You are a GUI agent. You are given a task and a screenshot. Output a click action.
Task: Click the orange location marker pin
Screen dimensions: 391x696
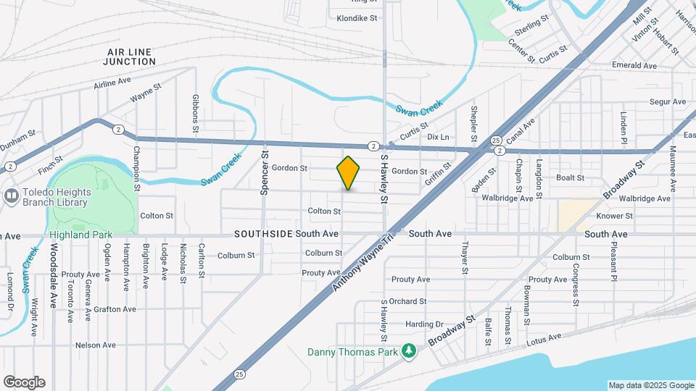pyautogui.click(x=348, y=172)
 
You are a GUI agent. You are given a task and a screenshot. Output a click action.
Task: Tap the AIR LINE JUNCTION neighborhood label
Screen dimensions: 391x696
pyautogui.click(x=130, y=57)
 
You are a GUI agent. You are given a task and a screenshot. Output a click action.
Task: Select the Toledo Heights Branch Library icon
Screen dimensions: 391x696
pyautogui.click(x=11, y=195)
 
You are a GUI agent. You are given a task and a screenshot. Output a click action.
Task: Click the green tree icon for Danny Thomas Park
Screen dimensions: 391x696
pyautogui.click(x=410, y=351)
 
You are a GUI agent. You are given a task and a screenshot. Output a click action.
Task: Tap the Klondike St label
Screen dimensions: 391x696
pyautogui.click(x=352, y=18)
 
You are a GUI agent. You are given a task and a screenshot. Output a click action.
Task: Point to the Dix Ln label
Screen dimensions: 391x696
pyautogui.click(x=438, y=137)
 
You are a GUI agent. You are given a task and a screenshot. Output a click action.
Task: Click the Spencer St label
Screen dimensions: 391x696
pyautogui.click(x=265, y=174)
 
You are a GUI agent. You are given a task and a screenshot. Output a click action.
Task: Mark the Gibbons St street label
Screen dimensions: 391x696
pyautogui.click(x=195, y=112)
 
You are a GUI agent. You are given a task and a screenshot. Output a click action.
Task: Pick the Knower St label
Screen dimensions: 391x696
pyautogui.click(x=614, y=216)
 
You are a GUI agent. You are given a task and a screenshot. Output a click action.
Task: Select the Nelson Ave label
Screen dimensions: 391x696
pyautogui.click(x=96, y=345)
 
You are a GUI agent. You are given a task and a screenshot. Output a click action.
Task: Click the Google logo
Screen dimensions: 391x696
pyautogui.click(x=24, y=382)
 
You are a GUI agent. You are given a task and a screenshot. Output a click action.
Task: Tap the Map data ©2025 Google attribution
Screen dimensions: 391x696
pyautogui.click(x=651, y=385)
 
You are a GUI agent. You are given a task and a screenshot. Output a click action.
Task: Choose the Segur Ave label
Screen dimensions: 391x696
pyautogui.click(x=667, y=102)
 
